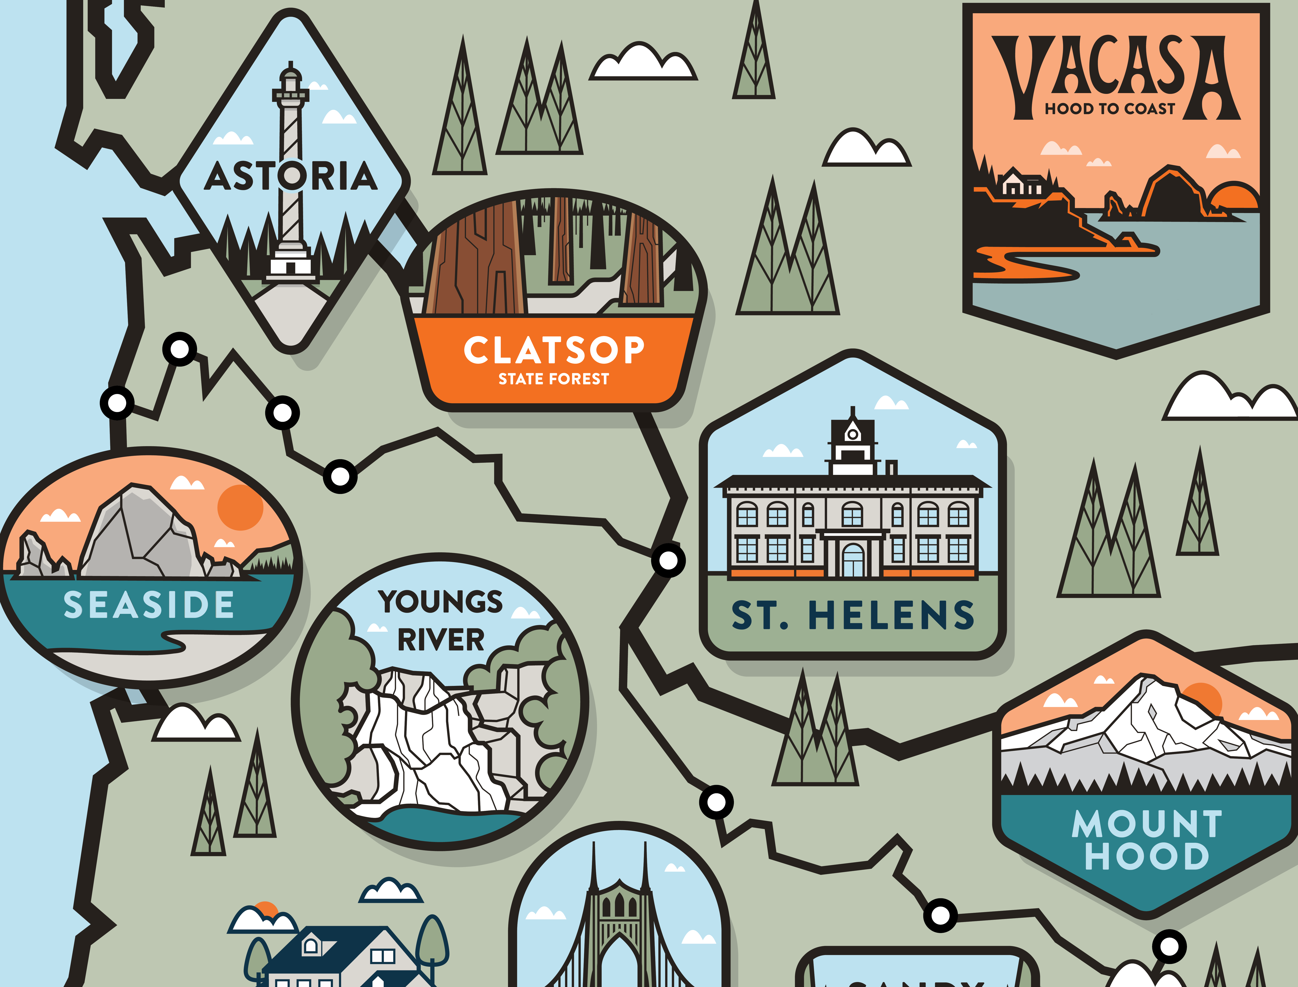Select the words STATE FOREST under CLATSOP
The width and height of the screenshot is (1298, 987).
(554, 379)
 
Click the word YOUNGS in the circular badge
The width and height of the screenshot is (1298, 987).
(440, 602)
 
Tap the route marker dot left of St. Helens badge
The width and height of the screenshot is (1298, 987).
(668, 560)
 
